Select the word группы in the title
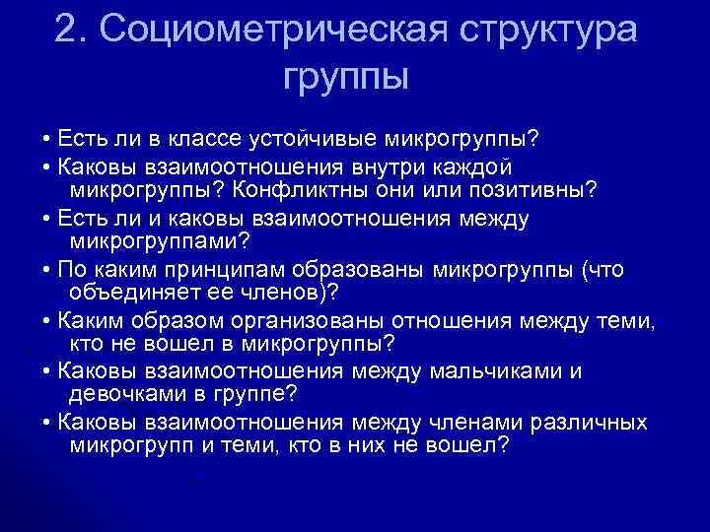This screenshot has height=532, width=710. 345,75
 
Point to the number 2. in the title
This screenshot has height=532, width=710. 74,29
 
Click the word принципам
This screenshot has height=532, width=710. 209,270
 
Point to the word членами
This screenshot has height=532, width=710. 464,424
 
